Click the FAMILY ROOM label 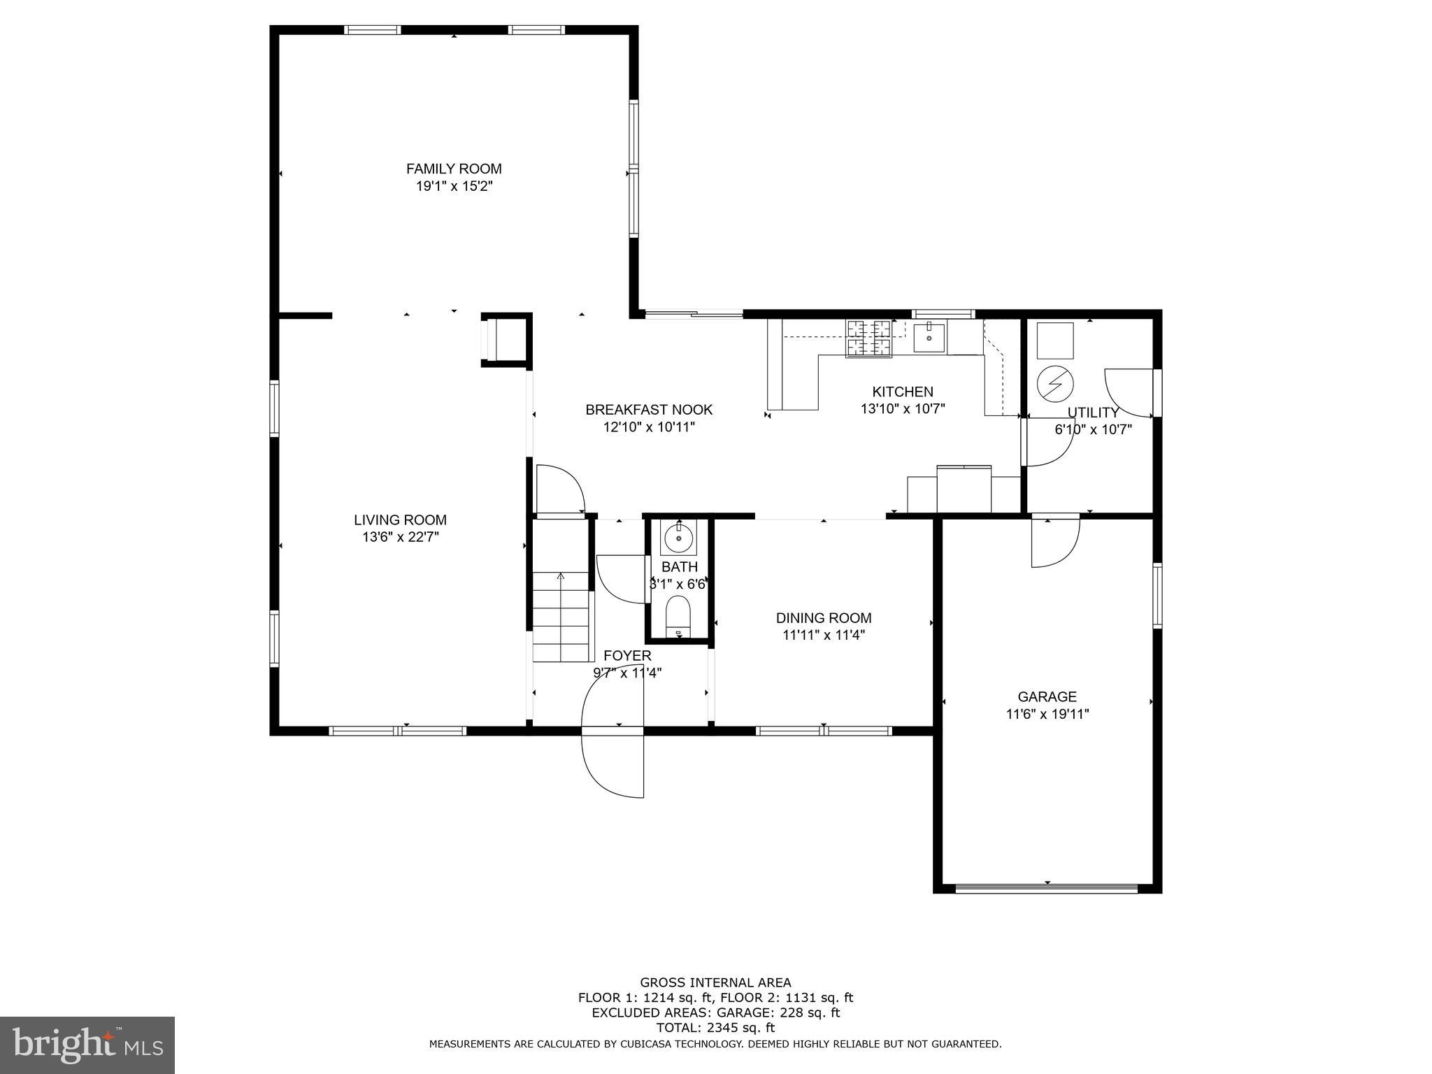[454, 169]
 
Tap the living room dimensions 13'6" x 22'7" [400, 537]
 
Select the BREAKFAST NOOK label [649, 410]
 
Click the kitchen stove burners [869, 338]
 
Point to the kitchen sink [929, 338]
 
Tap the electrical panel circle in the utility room [1054, 382]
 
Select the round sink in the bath [678, 538]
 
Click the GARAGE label [1047, 696]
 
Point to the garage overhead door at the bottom [1047, 889]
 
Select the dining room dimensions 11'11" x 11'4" [824, 635]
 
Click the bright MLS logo [87, 1045]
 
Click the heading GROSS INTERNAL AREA [715, 982]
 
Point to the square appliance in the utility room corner [1054, 341]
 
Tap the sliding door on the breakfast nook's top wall [693, 315]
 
